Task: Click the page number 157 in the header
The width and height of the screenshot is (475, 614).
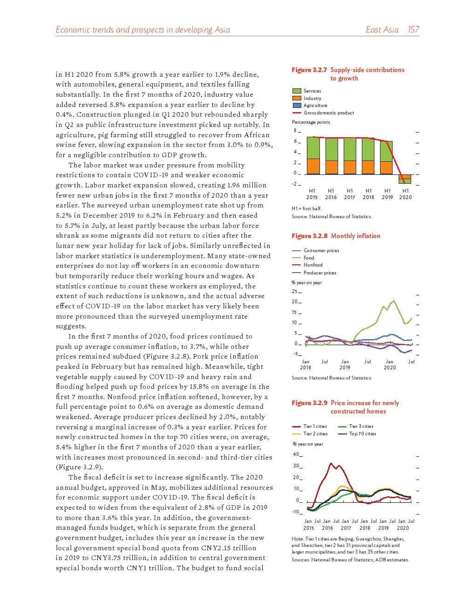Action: point(413,30)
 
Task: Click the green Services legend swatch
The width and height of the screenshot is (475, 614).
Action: point(297,91)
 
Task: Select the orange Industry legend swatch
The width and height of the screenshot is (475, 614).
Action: point(297,98)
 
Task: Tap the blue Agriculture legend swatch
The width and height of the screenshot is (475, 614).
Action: point(297,106)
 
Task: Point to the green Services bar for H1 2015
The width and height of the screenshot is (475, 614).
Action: point(313,148)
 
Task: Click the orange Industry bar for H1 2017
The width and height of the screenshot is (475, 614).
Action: point(350,167)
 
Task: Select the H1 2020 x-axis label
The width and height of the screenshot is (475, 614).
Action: point(406,194)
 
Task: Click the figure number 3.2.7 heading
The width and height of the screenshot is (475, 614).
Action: point(309,70)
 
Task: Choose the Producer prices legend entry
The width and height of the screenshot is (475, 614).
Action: point(319,273)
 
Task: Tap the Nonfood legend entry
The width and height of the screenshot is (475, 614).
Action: point(313,265)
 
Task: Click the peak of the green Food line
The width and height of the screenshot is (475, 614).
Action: point(394,300)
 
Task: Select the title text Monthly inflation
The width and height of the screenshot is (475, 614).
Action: point(355,236)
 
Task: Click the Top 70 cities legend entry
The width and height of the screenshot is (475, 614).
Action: point(362,434)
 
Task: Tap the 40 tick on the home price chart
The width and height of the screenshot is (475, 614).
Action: point(296,454)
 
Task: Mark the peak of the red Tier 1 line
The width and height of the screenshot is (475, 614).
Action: point(331,463)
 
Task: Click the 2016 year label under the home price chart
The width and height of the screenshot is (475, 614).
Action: point(327,528)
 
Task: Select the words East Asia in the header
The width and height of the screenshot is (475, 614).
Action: point(382,30)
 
